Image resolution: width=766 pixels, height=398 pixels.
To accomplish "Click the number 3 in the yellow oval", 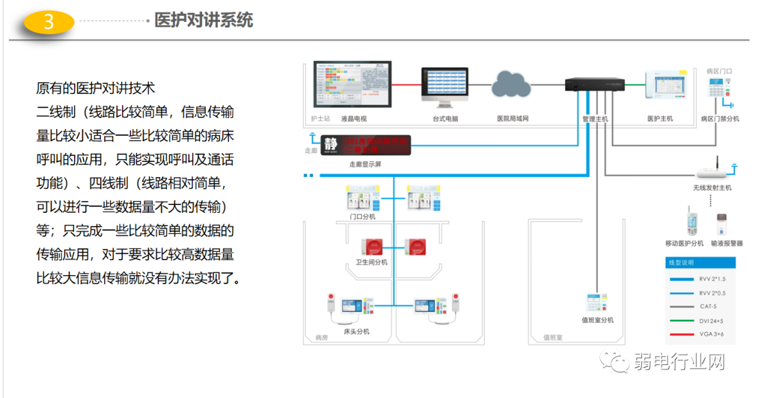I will pyautogui.click(x=49, y=21).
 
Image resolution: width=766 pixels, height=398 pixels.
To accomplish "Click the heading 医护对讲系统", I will pyautogui.click(x=204, y=20).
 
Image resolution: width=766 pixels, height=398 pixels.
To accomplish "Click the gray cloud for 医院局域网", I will pyautogui.click(x=512, y=84).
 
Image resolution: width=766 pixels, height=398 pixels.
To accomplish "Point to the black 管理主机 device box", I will pyautogui.click(x=594, y=84).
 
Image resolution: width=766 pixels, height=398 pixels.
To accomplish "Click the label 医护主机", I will pyautogui.click(x=660, y=119).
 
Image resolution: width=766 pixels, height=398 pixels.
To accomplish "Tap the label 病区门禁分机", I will pyautogui.click(x=720, y=119).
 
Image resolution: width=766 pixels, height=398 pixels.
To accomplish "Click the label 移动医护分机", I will pyautogui.click(x=684, y=244).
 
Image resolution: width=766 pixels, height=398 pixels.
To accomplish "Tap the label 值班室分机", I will pyautogui.click(x=597, y=320).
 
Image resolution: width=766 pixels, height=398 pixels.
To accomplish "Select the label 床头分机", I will pyautogui.click(x=357, y=331).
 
